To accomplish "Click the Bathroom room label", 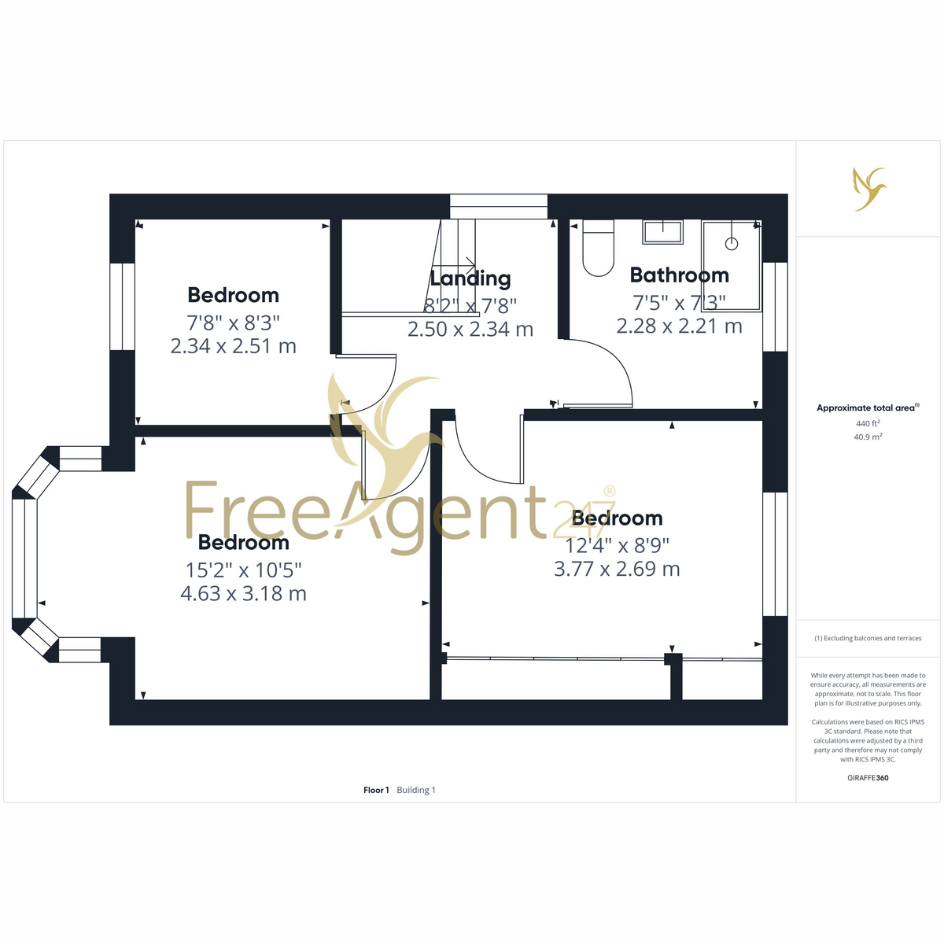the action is click(x=679, y=275).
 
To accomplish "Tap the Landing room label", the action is click(x=470, y=278).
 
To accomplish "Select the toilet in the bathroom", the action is click(x=598, y=248).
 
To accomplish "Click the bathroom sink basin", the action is click(x=663, y=232).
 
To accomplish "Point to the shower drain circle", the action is click(x=732, y=243).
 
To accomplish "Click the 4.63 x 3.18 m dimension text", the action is click(x=243, y=594).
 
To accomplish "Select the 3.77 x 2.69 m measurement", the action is click(x=617, y=570).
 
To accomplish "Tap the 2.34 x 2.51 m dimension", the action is click(x=233, y=346).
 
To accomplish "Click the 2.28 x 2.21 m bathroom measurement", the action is click(x=679, y=326).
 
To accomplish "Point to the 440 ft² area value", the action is click(x=868, y=423).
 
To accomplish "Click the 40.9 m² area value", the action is click(x=868, y=437).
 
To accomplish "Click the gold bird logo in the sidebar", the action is click(x=870, y=189).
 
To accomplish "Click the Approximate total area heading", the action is click(x=868, y=407).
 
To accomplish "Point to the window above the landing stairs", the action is click(x=498, y=206).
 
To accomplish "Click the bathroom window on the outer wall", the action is click(x=775, y=307).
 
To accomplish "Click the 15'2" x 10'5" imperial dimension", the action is click(x=243, y=570).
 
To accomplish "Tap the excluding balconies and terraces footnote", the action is click(x=868, y=638).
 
